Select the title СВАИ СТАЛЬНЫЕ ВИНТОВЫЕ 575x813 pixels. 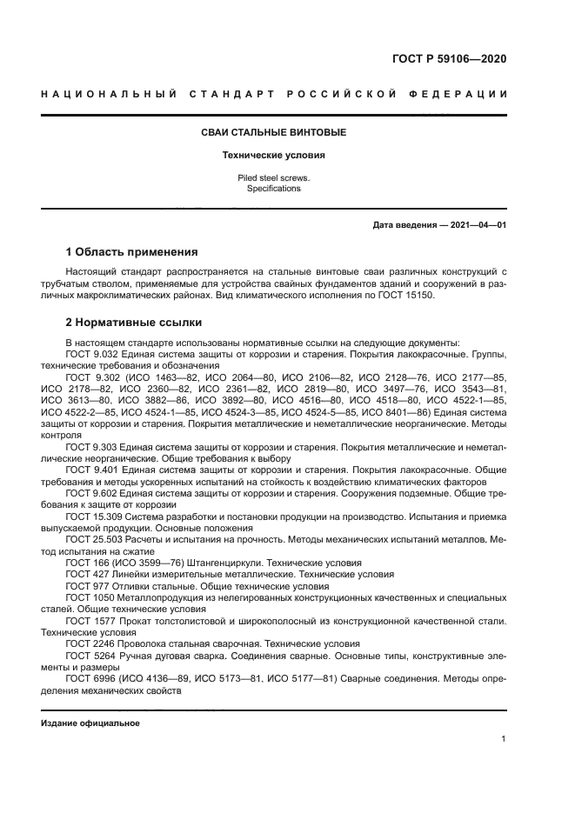[273, 132]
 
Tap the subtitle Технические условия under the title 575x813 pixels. [273, 156]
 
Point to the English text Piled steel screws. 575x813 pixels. [273, 177]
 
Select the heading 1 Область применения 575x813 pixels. [131, 253]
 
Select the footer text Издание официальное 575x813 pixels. [90, 723]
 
